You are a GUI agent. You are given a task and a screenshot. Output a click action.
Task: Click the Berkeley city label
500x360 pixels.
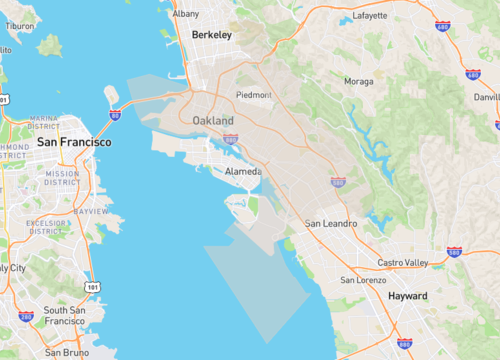click(x=211, y=34)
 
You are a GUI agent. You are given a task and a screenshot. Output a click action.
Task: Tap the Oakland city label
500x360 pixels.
click(x=213, y=121)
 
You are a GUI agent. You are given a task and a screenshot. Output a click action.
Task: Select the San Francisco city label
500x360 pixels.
click(x=74, y=142)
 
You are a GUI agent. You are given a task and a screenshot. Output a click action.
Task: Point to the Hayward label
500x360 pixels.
click(x=407, y=296)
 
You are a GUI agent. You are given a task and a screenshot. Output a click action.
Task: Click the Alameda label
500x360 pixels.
click(x=243, y=171)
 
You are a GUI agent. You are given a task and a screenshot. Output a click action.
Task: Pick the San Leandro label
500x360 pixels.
click(x=330, y=223)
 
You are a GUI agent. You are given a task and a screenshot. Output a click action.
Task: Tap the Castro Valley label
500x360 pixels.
click(x=403, y=262)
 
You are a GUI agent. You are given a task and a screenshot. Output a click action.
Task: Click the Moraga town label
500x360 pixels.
click(x=359, y=81)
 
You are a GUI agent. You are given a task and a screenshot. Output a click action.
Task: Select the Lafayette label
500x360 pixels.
click(x=369, y=16)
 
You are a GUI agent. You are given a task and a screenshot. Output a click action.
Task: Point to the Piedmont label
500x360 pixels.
click(x=253, y=95)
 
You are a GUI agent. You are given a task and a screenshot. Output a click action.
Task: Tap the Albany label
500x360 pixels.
click(x=185, y=14)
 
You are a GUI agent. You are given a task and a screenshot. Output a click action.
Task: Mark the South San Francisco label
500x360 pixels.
click(x=62, y=315)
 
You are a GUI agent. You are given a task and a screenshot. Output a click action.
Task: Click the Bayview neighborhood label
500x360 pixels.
click(x=91, y=212)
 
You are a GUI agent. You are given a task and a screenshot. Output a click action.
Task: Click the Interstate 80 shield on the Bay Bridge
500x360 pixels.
click(x=115, y=116)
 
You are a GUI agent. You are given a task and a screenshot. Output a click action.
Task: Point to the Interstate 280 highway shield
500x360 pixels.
click(x=26, y=316)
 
